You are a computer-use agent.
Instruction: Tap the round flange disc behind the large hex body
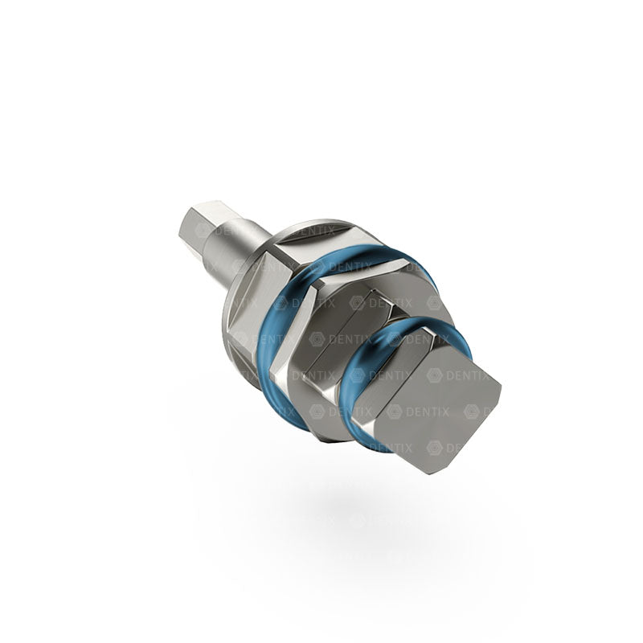(233, 321)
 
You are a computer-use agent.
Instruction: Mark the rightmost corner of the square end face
(500, 392)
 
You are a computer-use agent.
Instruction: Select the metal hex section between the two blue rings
(346, 338)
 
